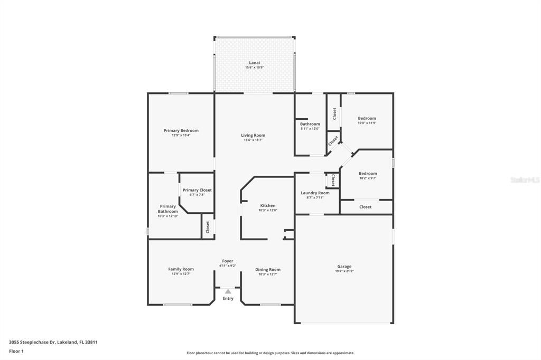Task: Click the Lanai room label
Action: (x=254, y=63)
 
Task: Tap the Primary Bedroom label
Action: (x=181, y=130)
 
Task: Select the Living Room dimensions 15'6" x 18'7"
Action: (x=254, y=140)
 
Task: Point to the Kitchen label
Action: (x=267, y=205)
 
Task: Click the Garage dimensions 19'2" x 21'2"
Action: (x=344, y=271)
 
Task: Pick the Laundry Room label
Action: (x=315, y=193)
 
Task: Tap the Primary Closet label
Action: (x=197, y=190)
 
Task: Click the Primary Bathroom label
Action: (x=167, y=209)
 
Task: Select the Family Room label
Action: (x=181, y=269)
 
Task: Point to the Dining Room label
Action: (x=268, y=269)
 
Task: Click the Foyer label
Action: (x=227, y=261)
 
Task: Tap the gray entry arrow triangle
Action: (x=228, y=291)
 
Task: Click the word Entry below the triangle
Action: (x=228, y=299)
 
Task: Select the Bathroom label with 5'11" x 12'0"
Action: (x=310, y=124)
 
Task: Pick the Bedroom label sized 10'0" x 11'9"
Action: (x=367, y=118)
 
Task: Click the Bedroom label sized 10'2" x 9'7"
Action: (x=368, y=173)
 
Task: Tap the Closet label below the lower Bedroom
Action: (x=365, y=207)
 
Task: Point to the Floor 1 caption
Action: (x=16, y=351)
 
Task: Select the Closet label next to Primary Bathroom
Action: (x=208, y=227)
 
